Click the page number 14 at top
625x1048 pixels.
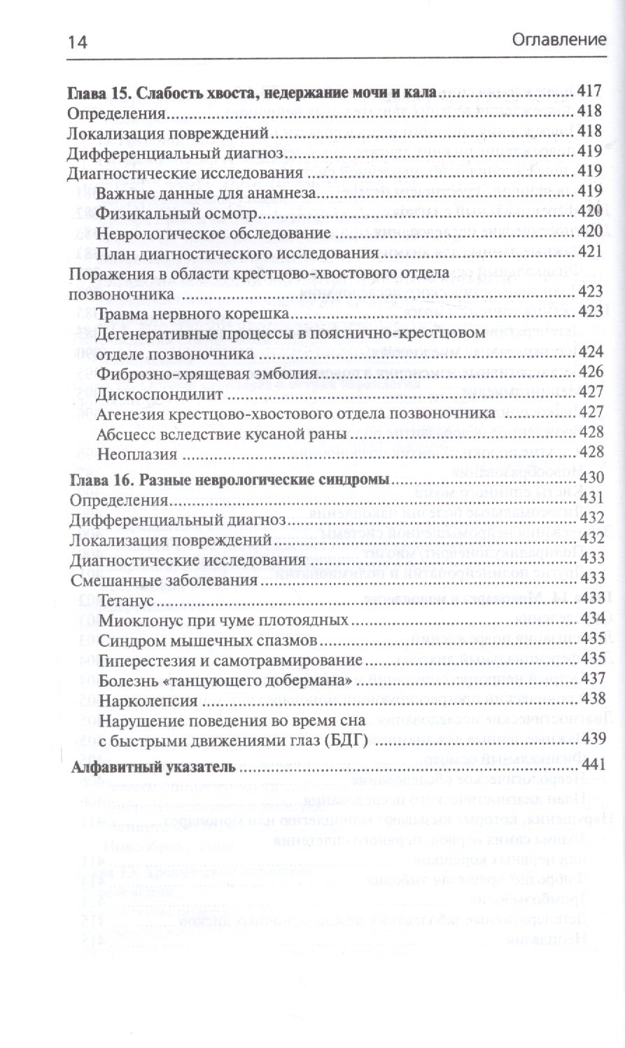76,41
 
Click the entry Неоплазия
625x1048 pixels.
134,454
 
